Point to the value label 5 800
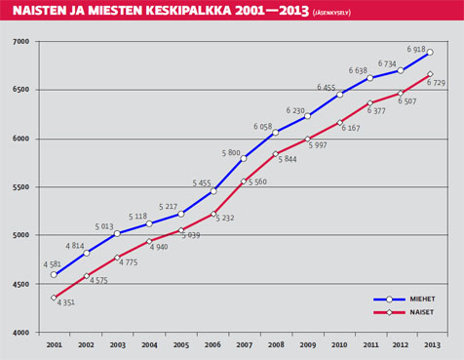tap(232, 152)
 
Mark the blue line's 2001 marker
tap(54, 275)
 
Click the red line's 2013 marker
tap(430, 74)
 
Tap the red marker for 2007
tap(243, 180)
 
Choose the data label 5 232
tap(225, 219)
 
